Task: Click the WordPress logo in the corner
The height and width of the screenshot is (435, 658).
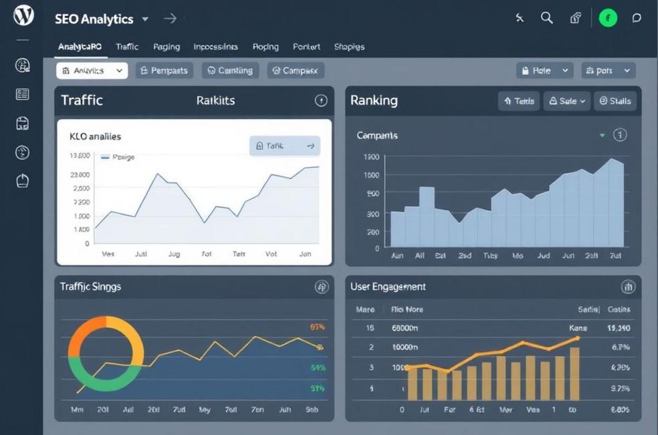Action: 23,15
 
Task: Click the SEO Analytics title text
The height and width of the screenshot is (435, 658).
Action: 94,19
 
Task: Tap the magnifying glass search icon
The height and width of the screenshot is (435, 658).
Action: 547,18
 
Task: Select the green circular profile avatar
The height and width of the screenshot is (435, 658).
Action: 607,18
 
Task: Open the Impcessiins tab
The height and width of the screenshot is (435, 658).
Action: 215,47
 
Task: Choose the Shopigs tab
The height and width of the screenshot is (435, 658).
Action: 349,47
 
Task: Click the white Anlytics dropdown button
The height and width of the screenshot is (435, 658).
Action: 92,70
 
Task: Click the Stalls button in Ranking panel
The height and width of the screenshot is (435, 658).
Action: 615,101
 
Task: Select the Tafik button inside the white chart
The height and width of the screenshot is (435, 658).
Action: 284,145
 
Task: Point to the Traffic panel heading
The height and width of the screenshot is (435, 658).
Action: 82,100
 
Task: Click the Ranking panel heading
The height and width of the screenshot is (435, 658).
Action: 374,100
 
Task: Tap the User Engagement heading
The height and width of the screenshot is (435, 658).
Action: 388,286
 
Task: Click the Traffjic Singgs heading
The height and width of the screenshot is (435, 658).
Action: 90,286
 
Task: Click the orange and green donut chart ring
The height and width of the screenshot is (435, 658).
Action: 106,326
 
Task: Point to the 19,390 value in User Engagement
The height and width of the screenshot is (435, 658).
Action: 619,329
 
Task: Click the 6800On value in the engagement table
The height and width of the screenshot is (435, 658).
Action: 405,329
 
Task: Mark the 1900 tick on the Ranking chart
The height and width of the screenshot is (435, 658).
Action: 371,157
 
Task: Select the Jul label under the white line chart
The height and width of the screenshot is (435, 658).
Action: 140,254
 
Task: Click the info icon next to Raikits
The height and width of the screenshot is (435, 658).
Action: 321,100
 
